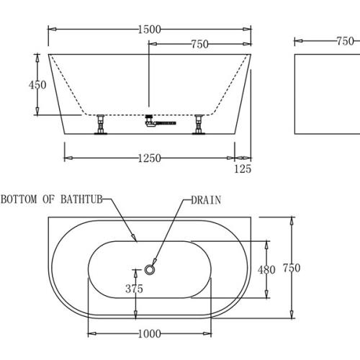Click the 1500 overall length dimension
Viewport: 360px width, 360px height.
pos(149,29)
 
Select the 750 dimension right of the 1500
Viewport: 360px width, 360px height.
pos(199,45)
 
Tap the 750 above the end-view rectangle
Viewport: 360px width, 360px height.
pos(344,41)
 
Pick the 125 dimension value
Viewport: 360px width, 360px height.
pos(243,169)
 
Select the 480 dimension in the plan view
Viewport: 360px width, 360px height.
pos(266,269)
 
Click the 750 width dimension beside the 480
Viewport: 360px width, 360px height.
pos(290,268)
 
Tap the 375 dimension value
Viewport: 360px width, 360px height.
pos(134,289)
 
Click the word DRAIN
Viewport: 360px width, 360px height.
pos(206,200)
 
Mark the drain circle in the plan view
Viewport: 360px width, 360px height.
pos(150,269)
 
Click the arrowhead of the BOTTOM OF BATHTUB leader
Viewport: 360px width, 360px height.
pos(135,238)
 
